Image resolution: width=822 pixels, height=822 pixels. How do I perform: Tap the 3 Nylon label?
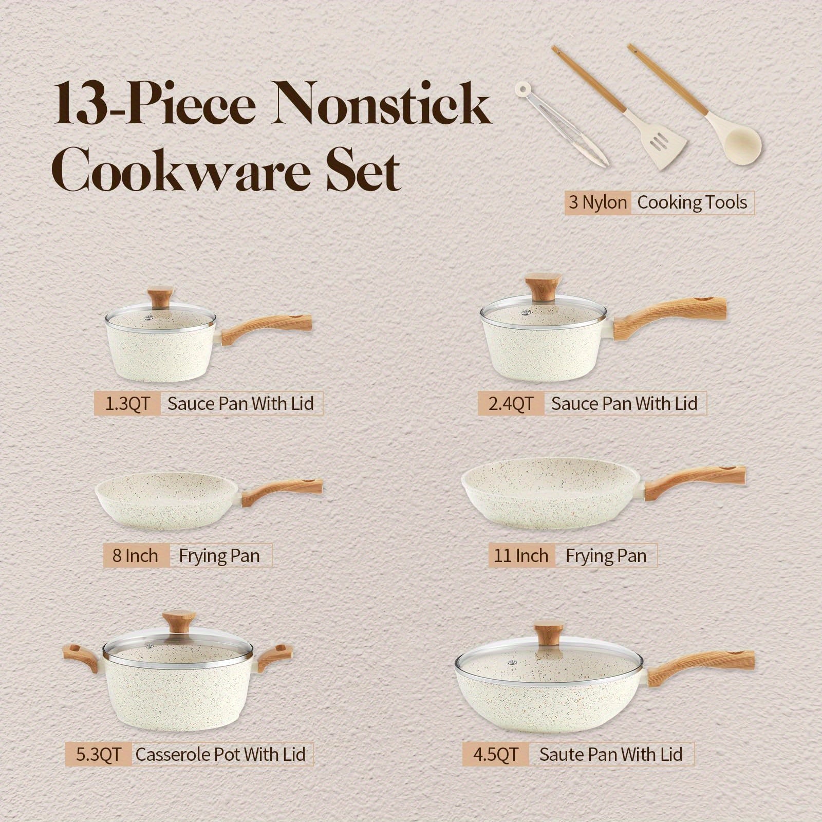click(x=598, y=202)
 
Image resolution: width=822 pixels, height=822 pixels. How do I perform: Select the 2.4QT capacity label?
click(x=511, y=403)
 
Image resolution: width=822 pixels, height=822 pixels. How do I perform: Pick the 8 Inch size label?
click(x=136, y=555)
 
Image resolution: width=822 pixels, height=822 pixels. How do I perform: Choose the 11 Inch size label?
click(x=521, y=555)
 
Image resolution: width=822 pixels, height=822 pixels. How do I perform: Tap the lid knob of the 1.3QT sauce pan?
click(x=159, y=298)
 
